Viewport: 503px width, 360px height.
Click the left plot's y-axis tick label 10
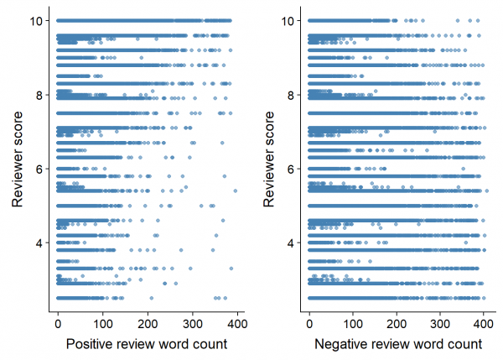[x=36, y=20]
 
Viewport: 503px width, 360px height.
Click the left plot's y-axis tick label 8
[x=39, y=95]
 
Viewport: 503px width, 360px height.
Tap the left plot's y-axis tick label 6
[x=39, y=169]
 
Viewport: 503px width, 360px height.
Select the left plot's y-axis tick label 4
[x=39, y=243]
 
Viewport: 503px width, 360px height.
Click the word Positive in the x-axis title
[x=89, y=344]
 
